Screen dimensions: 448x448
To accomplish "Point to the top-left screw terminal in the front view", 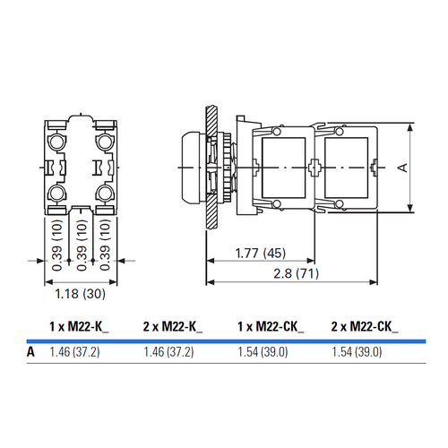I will (x=56, y=142).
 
